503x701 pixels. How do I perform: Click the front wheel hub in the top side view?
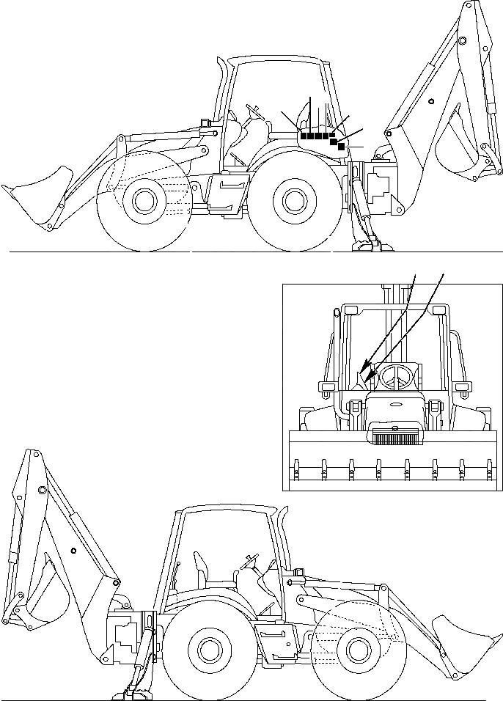pos(144,199)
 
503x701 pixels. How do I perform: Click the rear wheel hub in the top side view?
pos(293,199)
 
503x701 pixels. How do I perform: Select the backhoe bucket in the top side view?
pos(458,158)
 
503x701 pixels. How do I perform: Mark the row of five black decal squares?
pos(317,136)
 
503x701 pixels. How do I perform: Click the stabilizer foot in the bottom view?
pos(136,693)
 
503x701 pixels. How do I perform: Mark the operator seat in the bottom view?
pos(201,572)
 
